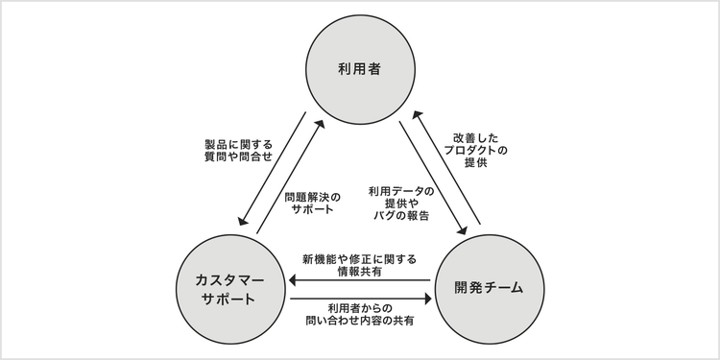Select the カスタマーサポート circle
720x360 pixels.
click(228, 287)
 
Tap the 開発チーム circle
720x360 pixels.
click(491, 287)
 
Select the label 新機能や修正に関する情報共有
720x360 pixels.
click(358, 265)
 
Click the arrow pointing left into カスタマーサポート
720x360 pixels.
click(360, 281)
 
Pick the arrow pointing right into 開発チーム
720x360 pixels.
click(360, 299)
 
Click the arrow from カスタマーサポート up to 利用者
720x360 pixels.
click(288, 178)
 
